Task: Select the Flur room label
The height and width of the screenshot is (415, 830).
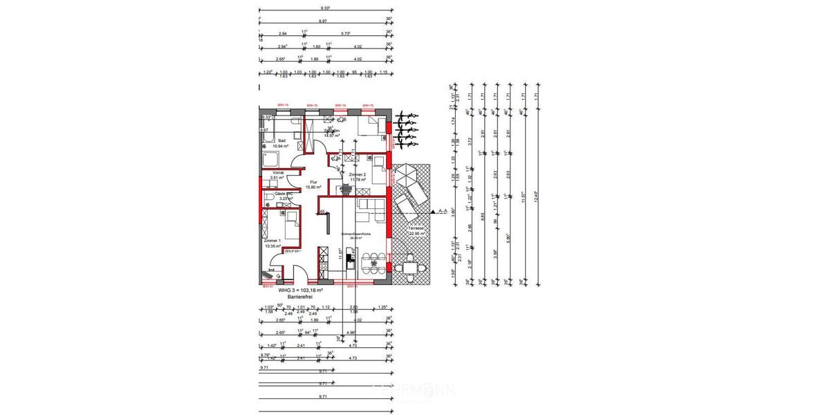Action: (x=312, y=184)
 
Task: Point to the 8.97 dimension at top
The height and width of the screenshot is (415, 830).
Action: (x=322, y=22)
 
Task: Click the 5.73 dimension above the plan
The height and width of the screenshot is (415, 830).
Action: (x=344, y=33)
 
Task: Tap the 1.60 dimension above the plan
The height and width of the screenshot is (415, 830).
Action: (x=316, y=46)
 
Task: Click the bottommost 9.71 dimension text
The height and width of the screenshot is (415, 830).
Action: (x=323, y=397)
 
